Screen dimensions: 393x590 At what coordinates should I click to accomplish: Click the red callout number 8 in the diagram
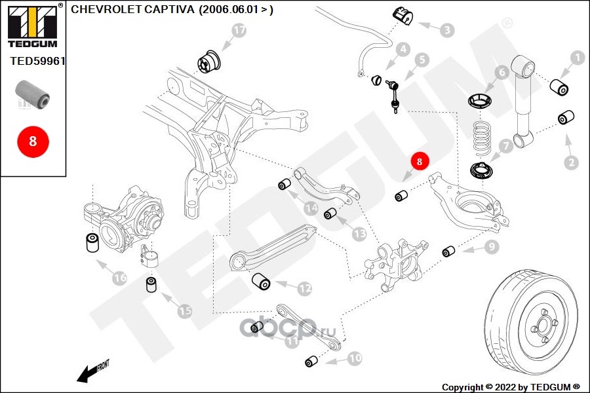coord(420,160)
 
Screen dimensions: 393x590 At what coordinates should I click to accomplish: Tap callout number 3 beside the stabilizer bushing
coord(446,29)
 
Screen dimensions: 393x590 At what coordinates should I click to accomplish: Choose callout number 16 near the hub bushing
coord(119,278)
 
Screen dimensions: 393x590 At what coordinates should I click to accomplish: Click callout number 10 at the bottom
coord(354,358)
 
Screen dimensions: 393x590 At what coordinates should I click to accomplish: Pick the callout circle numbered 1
coord(577,58)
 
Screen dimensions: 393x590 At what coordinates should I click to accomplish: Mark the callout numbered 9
coord(491,247)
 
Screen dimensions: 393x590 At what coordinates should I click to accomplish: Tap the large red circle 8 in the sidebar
coord(33,140)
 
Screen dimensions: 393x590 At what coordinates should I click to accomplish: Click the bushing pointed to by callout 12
coord(262,282)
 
